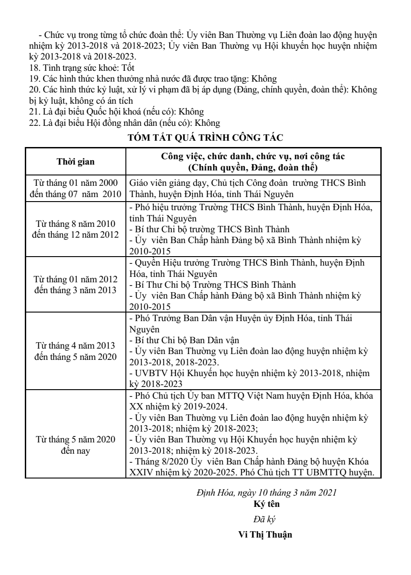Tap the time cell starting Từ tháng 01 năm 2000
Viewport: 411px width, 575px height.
[x=76, y=189]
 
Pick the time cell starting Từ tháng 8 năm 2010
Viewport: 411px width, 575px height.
[x=76, y=229]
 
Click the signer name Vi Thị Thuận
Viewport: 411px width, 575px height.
[x=265, y=536]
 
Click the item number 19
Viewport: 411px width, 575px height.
[x=32, y=78]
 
